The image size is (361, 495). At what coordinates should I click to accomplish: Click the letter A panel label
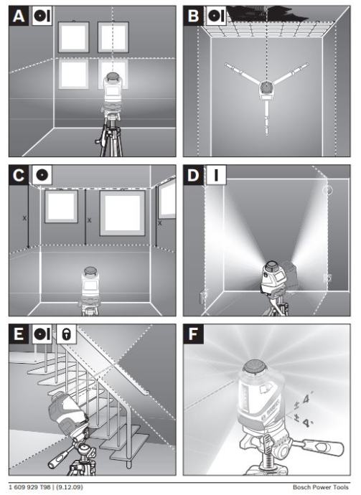point(19,16)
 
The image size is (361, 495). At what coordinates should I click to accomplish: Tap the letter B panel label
point(193,16)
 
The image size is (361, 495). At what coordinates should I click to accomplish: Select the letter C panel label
point(19,175)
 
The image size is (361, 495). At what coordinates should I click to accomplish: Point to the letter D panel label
point(193,175)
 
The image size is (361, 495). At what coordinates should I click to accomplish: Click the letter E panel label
point(19,334)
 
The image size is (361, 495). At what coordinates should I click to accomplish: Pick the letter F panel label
point(193,334)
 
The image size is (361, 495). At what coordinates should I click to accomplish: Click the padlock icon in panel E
point(66,334)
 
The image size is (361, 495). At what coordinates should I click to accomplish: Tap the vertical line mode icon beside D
point(216,175)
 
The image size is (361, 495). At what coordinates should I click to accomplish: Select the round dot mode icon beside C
point(42,175)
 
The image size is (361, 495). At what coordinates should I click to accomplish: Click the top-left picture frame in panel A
point(74,37)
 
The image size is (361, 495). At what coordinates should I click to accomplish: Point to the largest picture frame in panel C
point(122,213)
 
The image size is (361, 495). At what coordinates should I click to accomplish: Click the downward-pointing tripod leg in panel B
point(267,118)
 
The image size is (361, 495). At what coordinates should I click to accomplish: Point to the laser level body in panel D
point(274,277)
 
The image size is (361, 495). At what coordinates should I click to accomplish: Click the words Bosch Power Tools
point(321,487)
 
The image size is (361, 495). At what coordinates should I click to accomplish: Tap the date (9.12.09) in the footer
point(70,487)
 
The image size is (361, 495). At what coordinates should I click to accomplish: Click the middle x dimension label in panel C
point(90,220)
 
